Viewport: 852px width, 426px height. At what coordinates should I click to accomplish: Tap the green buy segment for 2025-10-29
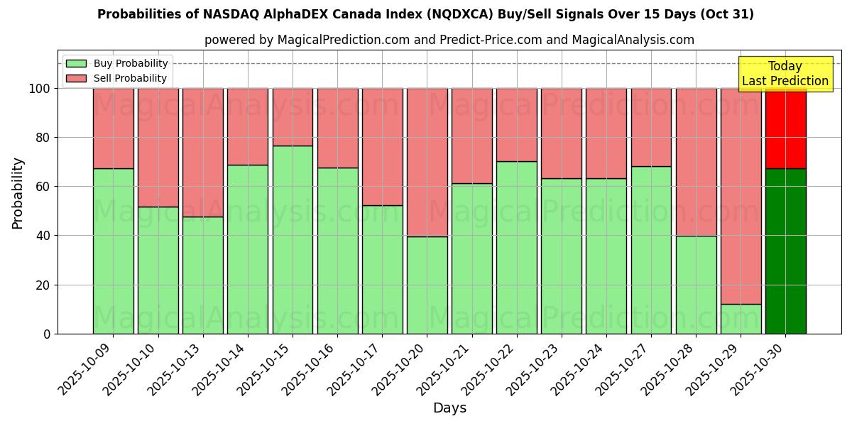pyautogui.click(x=741, y=319)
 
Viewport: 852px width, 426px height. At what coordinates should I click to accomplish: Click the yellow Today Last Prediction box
pyautogui.click(x=785, y=74)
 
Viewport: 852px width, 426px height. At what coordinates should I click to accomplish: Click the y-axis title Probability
pyautogui.click(x=18, y=192)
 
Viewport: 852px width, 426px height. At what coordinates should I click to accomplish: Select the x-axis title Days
pyautogui.click(x=449, y=408)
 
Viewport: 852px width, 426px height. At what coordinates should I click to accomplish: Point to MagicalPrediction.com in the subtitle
pyautogui.click(x=343, y=40)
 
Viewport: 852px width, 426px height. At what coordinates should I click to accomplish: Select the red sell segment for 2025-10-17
pyautogui.click(x=382, y=146)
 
